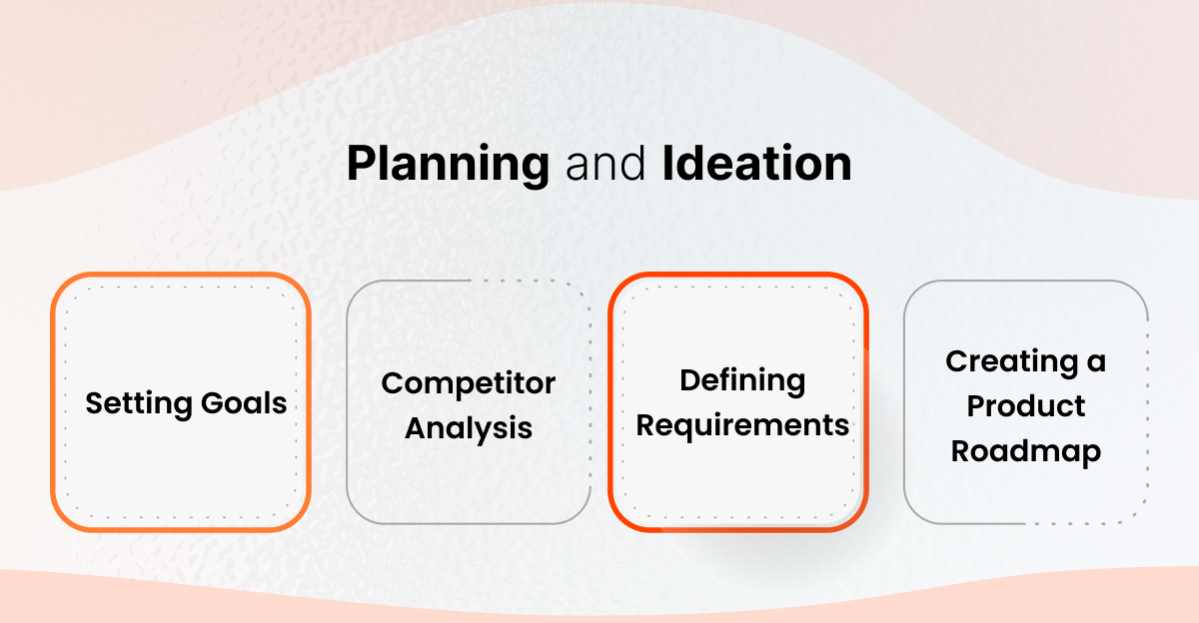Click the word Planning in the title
pos(448,165)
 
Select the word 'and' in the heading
pos(604,165)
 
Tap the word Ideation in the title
pos(756,165)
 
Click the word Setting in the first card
pos(136,403)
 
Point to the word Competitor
pos(469,383)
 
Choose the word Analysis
pos(469,429)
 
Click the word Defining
pos(742,380)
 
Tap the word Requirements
pos(742,425)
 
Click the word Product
pos(1026,406)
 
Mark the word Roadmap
pos(1026,451)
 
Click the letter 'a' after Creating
pos(1096,362)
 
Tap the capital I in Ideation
pos(666,165)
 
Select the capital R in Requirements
pos(645,425)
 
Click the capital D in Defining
pos(689,380)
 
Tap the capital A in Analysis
pos(415,429)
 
